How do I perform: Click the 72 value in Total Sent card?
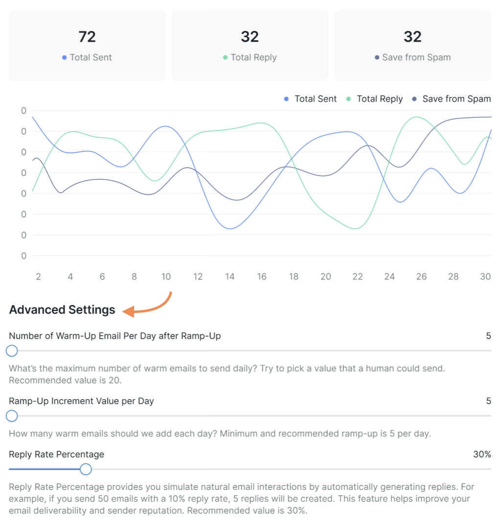(87, 37)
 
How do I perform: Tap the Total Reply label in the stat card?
(253, 57)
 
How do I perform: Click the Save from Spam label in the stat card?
(416, 57)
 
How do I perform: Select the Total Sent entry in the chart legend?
(316, 99)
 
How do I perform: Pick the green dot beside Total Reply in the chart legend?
(349, 99)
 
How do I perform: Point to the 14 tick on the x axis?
(230, 277)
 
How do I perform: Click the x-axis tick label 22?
(358, 277)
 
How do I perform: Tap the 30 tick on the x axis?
(485, 277)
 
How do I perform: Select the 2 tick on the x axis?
(38, 277)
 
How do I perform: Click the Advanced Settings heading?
(62, 310)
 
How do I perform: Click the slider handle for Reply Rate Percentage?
(86, 469)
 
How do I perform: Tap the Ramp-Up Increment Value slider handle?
(12, 416)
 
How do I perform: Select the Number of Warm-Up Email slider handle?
(12, 351)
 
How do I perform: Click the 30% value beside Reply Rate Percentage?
(482, 455)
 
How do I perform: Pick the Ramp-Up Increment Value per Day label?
(81, 401)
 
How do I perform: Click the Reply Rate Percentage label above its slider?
(56, 455)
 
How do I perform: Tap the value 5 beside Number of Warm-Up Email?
(488, 336)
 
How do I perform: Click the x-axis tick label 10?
(166, 277)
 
